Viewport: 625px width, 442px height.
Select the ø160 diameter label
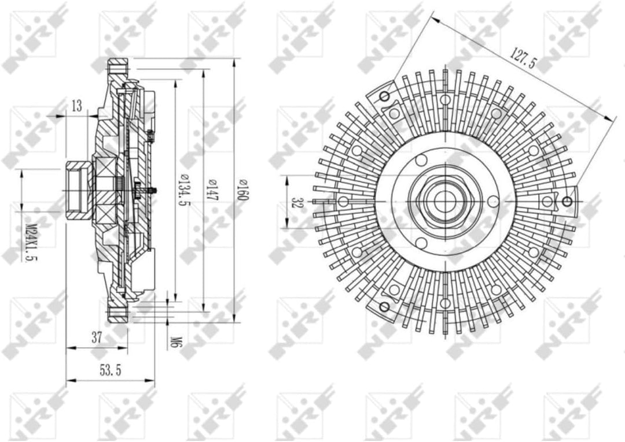[x=242, y=190]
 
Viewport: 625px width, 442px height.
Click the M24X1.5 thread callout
[x=31, y=242]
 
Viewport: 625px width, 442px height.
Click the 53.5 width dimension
[x=111, y=371]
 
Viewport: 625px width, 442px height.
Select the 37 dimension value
[x=97, y=337]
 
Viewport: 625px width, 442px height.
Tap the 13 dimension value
[x=77, y=106]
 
